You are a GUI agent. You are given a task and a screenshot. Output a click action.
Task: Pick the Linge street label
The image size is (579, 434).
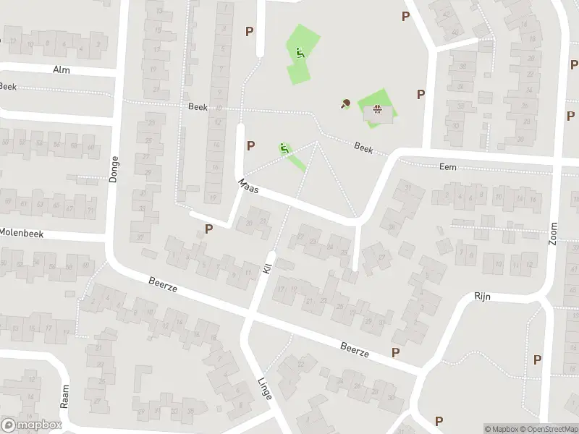pos(265,389)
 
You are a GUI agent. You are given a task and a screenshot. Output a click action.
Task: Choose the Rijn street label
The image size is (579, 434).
pos(482,296)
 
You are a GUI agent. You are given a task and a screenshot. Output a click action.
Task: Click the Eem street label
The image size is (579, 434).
pos(448,166)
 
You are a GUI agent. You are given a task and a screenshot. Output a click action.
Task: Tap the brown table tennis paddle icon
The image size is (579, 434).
pos(345,103)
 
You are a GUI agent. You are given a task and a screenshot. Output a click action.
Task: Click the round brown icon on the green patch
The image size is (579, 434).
pos(376,110)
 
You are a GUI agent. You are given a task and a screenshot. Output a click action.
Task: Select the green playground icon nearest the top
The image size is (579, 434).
pos(300,52)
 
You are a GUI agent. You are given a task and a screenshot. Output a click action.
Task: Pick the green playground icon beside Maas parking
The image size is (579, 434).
pos(284,148)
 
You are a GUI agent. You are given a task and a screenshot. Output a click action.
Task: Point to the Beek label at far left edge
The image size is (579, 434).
pos(8,86)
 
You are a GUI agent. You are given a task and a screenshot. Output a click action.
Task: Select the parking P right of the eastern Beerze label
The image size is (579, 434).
pos(395,352)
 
